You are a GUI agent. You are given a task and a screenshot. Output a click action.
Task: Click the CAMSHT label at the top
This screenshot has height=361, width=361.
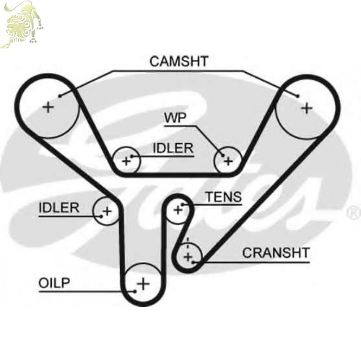(x=179, y=61)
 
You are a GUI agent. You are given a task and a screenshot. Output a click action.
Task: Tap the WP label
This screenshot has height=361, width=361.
(x=175, y=118)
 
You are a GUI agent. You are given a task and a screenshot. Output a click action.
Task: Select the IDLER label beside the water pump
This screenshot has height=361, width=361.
(x=173, y=148)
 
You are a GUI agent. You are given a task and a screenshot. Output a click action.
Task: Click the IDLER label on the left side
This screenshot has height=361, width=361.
(x=58, y=208)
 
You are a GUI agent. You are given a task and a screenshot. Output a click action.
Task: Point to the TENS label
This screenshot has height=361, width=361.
(x=224, y=197)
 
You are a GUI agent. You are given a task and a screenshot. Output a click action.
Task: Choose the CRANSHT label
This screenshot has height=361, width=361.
(x=276, y=253)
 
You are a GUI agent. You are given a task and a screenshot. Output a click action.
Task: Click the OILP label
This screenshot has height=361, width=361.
(x=54, y=283)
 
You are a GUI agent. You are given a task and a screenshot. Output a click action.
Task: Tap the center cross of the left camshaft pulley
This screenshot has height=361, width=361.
(x=48, y=107)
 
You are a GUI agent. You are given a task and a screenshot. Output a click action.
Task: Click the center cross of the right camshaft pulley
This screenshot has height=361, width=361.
(x=307, y=108)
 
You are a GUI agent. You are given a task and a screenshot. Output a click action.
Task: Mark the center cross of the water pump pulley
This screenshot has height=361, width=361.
(x=228, y=161)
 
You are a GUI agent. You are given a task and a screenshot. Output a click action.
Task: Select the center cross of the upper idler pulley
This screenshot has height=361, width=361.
(x=126, y=161)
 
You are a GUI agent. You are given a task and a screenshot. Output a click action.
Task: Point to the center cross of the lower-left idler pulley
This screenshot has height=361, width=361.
(x=107, y=212)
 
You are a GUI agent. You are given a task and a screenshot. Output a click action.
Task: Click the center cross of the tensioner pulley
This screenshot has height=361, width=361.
(x=178, y=210)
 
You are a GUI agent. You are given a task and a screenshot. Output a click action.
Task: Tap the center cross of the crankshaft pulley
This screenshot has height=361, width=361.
(x=188, y=257)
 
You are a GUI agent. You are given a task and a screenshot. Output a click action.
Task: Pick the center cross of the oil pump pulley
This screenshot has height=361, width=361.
(x=143, y=284)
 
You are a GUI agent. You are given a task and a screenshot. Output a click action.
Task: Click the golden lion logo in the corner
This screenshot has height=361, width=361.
(x=22, y=24)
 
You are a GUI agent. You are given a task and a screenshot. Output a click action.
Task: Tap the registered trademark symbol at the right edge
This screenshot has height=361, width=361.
(x=353, y=213)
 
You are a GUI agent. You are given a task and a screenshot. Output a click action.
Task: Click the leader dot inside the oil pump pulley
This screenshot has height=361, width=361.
(x=135, y=292)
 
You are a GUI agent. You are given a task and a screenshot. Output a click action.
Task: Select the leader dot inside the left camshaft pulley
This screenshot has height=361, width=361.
(x=60, y=96)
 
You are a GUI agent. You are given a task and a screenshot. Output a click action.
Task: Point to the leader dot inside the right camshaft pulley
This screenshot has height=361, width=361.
(x=298, y=96)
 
